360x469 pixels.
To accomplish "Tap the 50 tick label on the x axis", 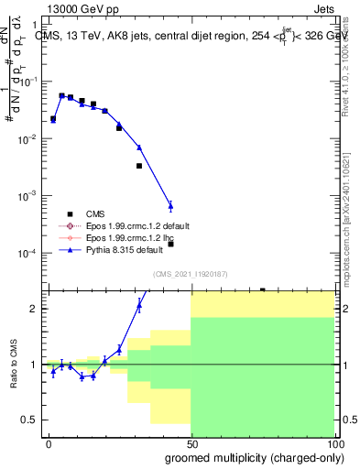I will click(191, 443).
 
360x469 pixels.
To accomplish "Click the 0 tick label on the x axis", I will click(49, 443).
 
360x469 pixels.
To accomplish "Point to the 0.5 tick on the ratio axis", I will click(33, 420).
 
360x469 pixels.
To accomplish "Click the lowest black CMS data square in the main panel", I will click(170, 244).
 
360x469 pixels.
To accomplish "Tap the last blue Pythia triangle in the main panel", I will click(170, 205).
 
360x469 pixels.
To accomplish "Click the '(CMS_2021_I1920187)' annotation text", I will click(190, 273).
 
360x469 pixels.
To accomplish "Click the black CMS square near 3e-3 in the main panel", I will click(139, 166).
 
